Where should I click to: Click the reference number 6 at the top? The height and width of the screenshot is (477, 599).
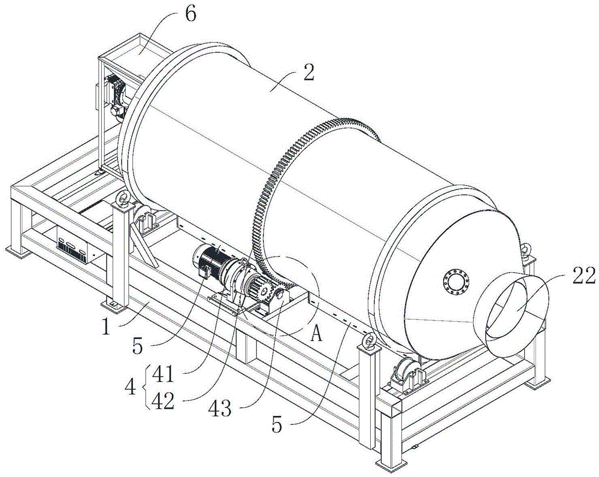(x=190, y=14)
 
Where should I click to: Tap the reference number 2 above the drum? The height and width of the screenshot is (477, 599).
(x=308, y=72)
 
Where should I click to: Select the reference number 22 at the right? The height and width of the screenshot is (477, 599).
(x=583, y=276)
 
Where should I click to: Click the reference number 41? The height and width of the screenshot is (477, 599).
(x=163, y=375)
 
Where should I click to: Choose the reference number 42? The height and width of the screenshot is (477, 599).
(x=163, y=401)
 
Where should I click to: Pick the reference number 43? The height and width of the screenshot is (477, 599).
(x=220, y=409)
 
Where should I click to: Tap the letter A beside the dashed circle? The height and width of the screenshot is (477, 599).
(x=316, y=335)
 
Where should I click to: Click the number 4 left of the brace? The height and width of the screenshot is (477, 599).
(x=131, y=388)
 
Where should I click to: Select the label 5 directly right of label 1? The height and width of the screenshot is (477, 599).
(x=138, y=346)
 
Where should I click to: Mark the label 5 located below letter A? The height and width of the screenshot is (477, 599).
(x=277, y=424)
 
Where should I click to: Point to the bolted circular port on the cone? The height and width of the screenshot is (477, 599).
(x=456, y=282)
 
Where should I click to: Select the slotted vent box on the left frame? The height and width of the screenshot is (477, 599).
(x=75, y=248)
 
